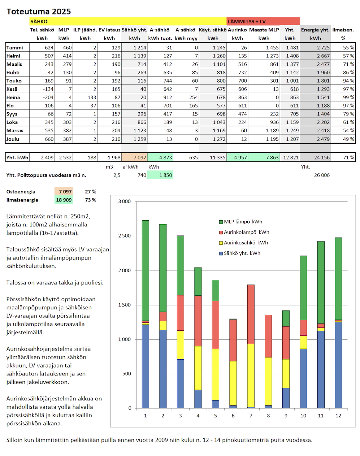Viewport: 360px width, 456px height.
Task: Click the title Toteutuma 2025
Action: (39, 12)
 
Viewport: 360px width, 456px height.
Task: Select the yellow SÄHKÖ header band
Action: (128, 21)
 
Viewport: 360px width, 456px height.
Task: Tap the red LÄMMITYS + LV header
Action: (263, 21)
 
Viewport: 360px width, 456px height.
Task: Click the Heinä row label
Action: (13, 97)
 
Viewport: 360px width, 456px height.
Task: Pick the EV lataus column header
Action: (109, 30)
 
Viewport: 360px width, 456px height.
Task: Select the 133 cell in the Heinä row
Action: (92, 97)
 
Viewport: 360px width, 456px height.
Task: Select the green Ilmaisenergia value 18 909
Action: (64, 200)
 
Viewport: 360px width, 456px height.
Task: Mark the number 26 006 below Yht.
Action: (322, 175)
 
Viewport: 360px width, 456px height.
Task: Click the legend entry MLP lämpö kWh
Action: (243, 222)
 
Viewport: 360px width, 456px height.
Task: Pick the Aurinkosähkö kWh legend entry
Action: (246, 243)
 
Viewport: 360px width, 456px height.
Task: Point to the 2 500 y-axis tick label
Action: (125, 236)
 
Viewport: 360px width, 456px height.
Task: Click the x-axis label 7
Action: (251, 416)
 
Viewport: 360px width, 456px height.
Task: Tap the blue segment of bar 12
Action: (338, 365)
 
